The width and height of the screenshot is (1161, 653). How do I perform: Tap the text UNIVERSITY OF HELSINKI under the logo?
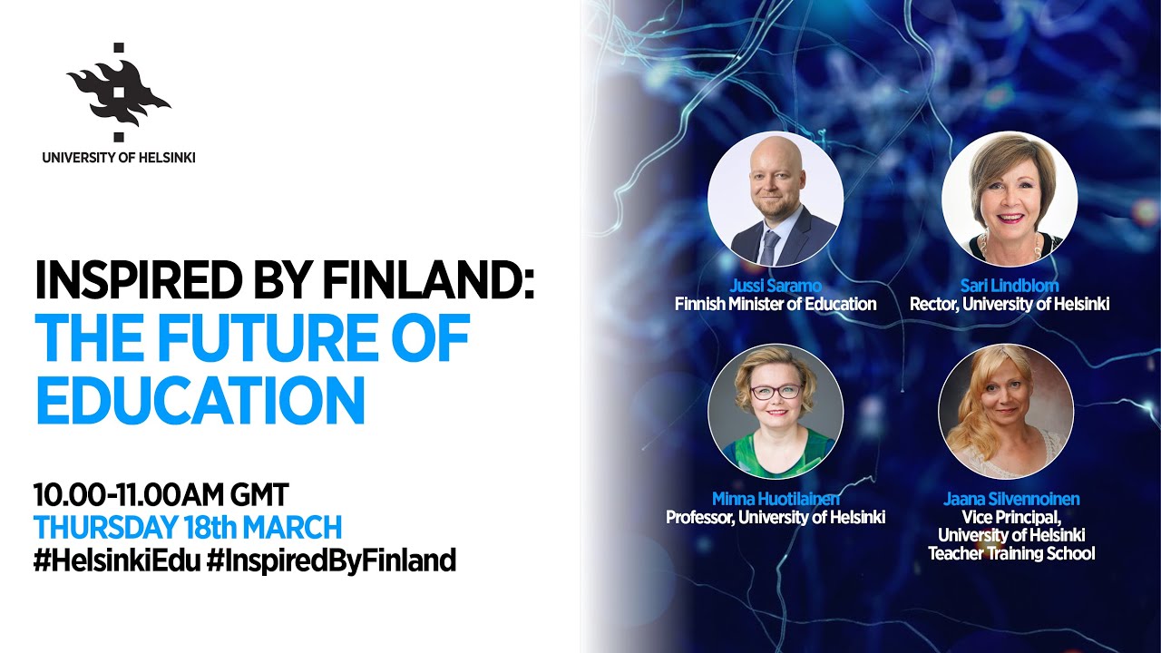coord(118,158)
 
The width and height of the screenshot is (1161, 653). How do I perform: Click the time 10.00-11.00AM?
coord(123,495)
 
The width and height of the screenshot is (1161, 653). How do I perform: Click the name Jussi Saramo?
coord(776,287)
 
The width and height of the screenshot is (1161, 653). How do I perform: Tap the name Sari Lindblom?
coord(1010,287)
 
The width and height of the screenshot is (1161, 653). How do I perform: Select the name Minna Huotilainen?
coord(776,500)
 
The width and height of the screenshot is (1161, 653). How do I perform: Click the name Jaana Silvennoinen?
coord(1010,500)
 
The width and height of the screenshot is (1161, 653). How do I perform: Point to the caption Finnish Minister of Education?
coord(776,305)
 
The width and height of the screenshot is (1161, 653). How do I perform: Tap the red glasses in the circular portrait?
coord(776,392)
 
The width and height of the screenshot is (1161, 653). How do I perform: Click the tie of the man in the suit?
coord(769,246)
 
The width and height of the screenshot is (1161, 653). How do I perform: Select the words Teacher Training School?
coord(1010,553)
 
